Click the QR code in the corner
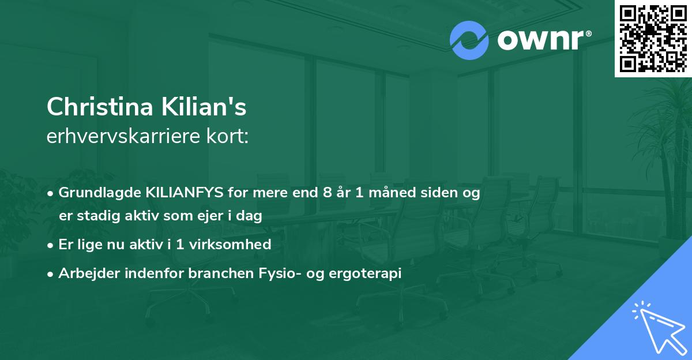coord(653,38)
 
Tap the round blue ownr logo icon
coord(469,40)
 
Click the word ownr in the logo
coord(539,41)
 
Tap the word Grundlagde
coord(93,193)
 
